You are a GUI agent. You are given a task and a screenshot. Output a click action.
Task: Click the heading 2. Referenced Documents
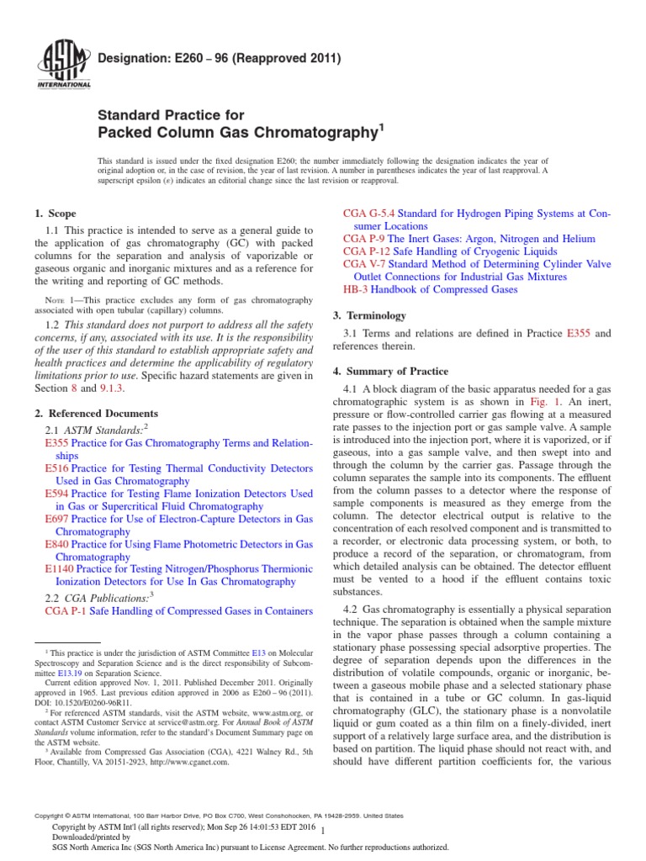coord(96,413)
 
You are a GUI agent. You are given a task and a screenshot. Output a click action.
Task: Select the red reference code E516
coord(56,467)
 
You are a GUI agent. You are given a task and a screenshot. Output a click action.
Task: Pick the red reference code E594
coord(56,494)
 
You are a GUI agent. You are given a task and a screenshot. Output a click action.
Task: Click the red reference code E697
coord(56,520)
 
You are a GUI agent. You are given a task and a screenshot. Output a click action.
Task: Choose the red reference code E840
coord(56,545)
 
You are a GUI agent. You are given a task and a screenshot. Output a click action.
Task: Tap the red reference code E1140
coord(58,570)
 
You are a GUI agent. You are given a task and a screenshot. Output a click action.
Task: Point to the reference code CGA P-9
coord(363,239)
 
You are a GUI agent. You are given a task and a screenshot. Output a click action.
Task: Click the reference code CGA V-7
coord(364,264)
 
